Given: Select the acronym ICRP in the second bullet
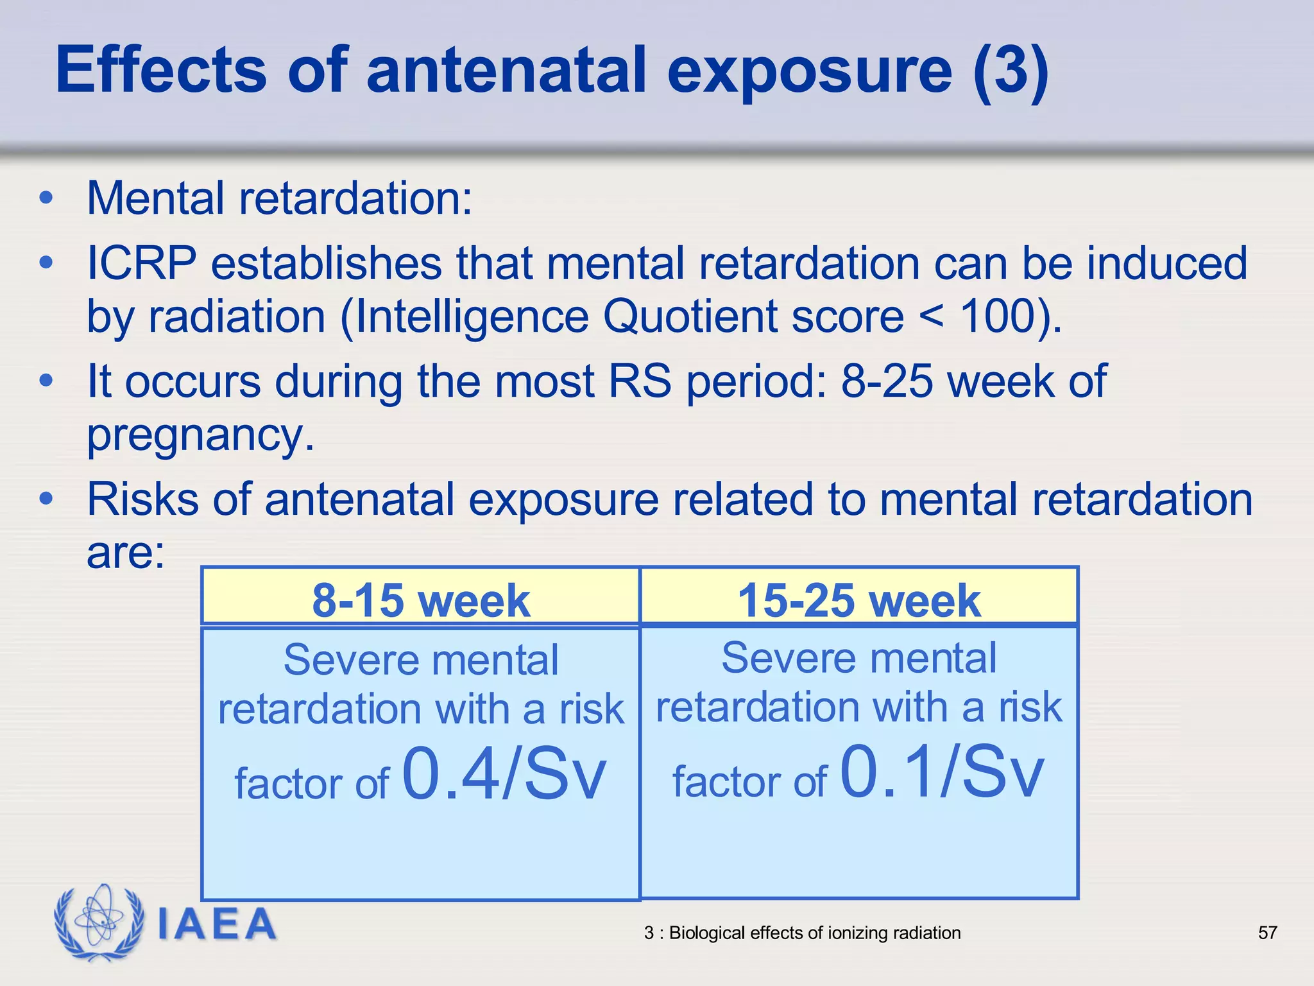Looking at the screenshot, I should click(141, 263).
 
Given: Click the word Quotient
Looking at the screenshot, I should click(690, 316).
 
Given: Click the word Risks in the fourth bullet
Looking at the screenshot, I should click(142, 499).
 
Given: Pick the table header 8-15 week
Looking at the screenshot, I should click(421, 601).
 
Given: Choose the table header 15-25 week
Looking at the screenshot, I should click(859, 601).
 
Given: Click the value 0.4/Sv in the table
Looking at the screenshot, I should click(504, 774).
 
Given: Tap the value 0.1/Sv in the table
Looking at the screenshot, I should click(942, 772).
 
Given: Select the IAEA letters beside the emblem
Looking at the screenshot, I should click(217, 924).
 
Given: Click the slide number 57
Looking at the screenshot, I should click(1267, 933).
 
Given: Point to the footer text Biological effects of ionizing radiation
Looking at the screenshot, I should click(815, 933).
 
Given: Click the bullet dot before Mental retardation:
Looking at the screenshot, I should click(46, 198).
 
